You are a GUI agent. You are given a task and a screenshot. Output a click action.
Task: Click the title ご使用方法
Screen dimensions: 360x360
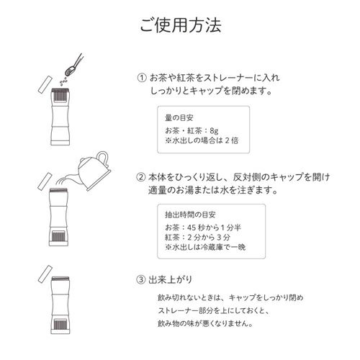click(x=179, y=26)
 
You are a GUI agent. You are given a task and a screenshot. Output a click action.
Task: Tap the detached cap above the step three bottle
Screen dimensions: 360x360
click(x=43, y=274)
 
